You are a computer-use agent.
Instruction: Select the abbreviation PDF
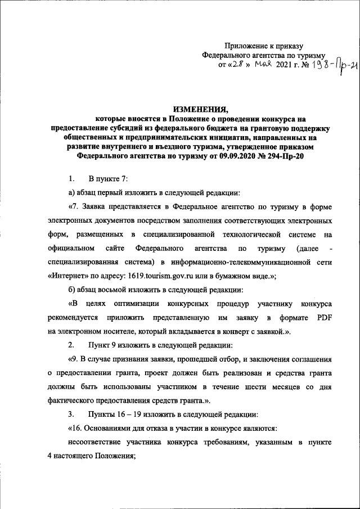324,318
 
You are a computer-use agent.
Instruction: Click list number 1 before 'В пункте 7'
71,179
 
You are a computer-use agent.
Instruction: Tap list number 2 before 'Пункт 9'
71,344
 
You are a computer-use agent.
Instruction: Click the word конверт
230,332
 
